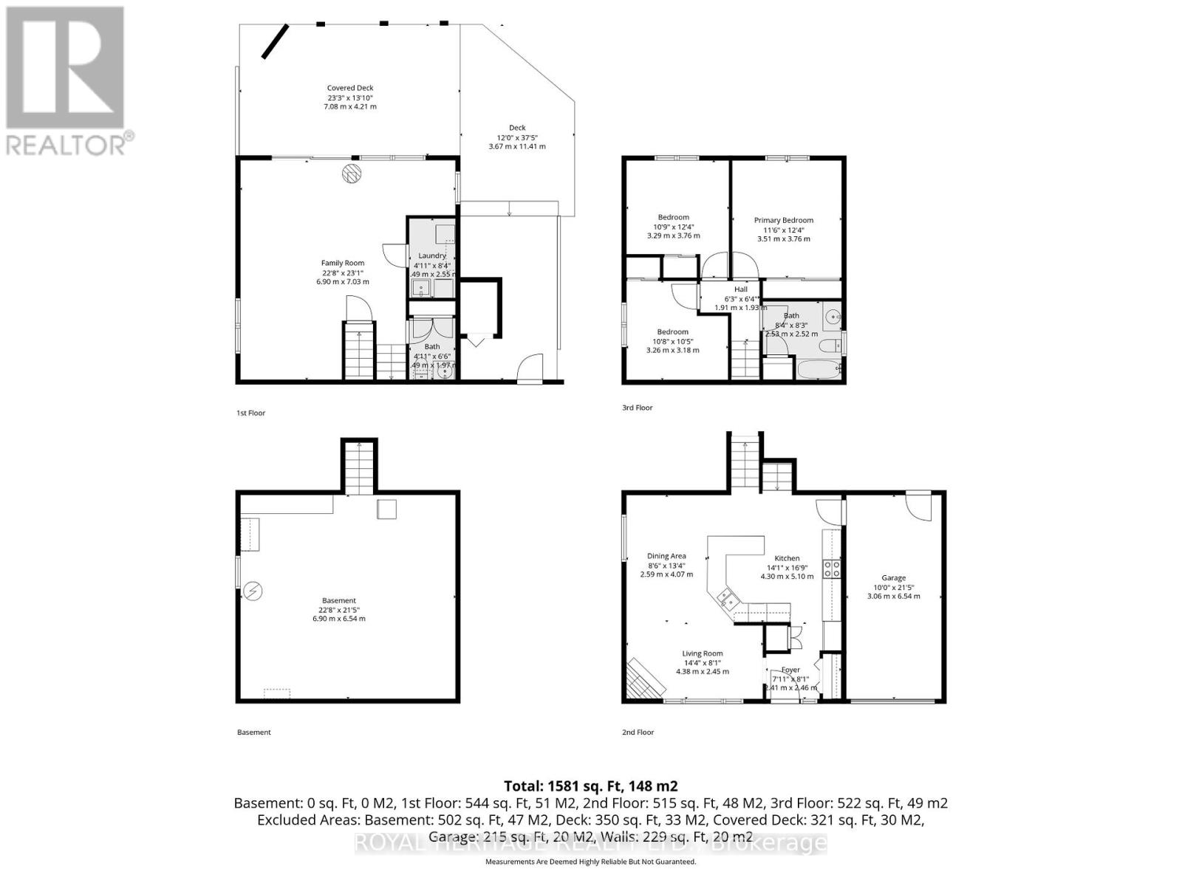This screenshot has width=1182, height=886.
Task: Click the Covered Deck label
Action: [350, 88]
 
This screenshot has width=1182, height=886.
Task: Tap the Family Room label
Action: [342, 263]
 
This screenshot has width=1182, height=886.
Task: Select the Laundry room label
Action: [432, 255]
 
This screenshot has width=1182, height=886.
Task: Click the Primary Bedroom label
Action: [783, 220]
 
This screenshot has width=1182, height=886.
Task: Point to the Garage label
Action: [893, 578]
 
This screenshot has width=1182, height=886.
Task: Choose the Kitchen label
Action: [787, 558]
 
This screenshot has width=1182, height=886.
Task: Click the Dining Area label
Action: [666, 556]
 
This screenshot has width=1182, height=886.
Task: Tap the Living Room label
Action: [702, 653]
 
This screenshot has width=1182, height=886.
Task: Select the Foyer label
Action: [790, 670]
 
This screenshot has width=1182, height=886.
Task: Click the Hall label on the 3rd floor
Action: [740, 289]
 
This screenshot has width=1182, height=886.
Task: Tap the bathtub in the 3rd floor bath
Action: [818, 368]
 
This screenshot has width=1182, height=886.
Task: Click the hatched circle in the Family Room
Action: [352, 174]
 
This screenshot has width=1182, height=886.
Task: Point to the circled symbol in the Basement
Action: [253, 590]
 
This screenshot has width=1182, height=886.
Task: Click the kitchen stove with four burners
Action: [832, 569]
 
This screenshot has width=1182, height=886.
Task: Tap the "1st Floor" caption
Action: [250, 413]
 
